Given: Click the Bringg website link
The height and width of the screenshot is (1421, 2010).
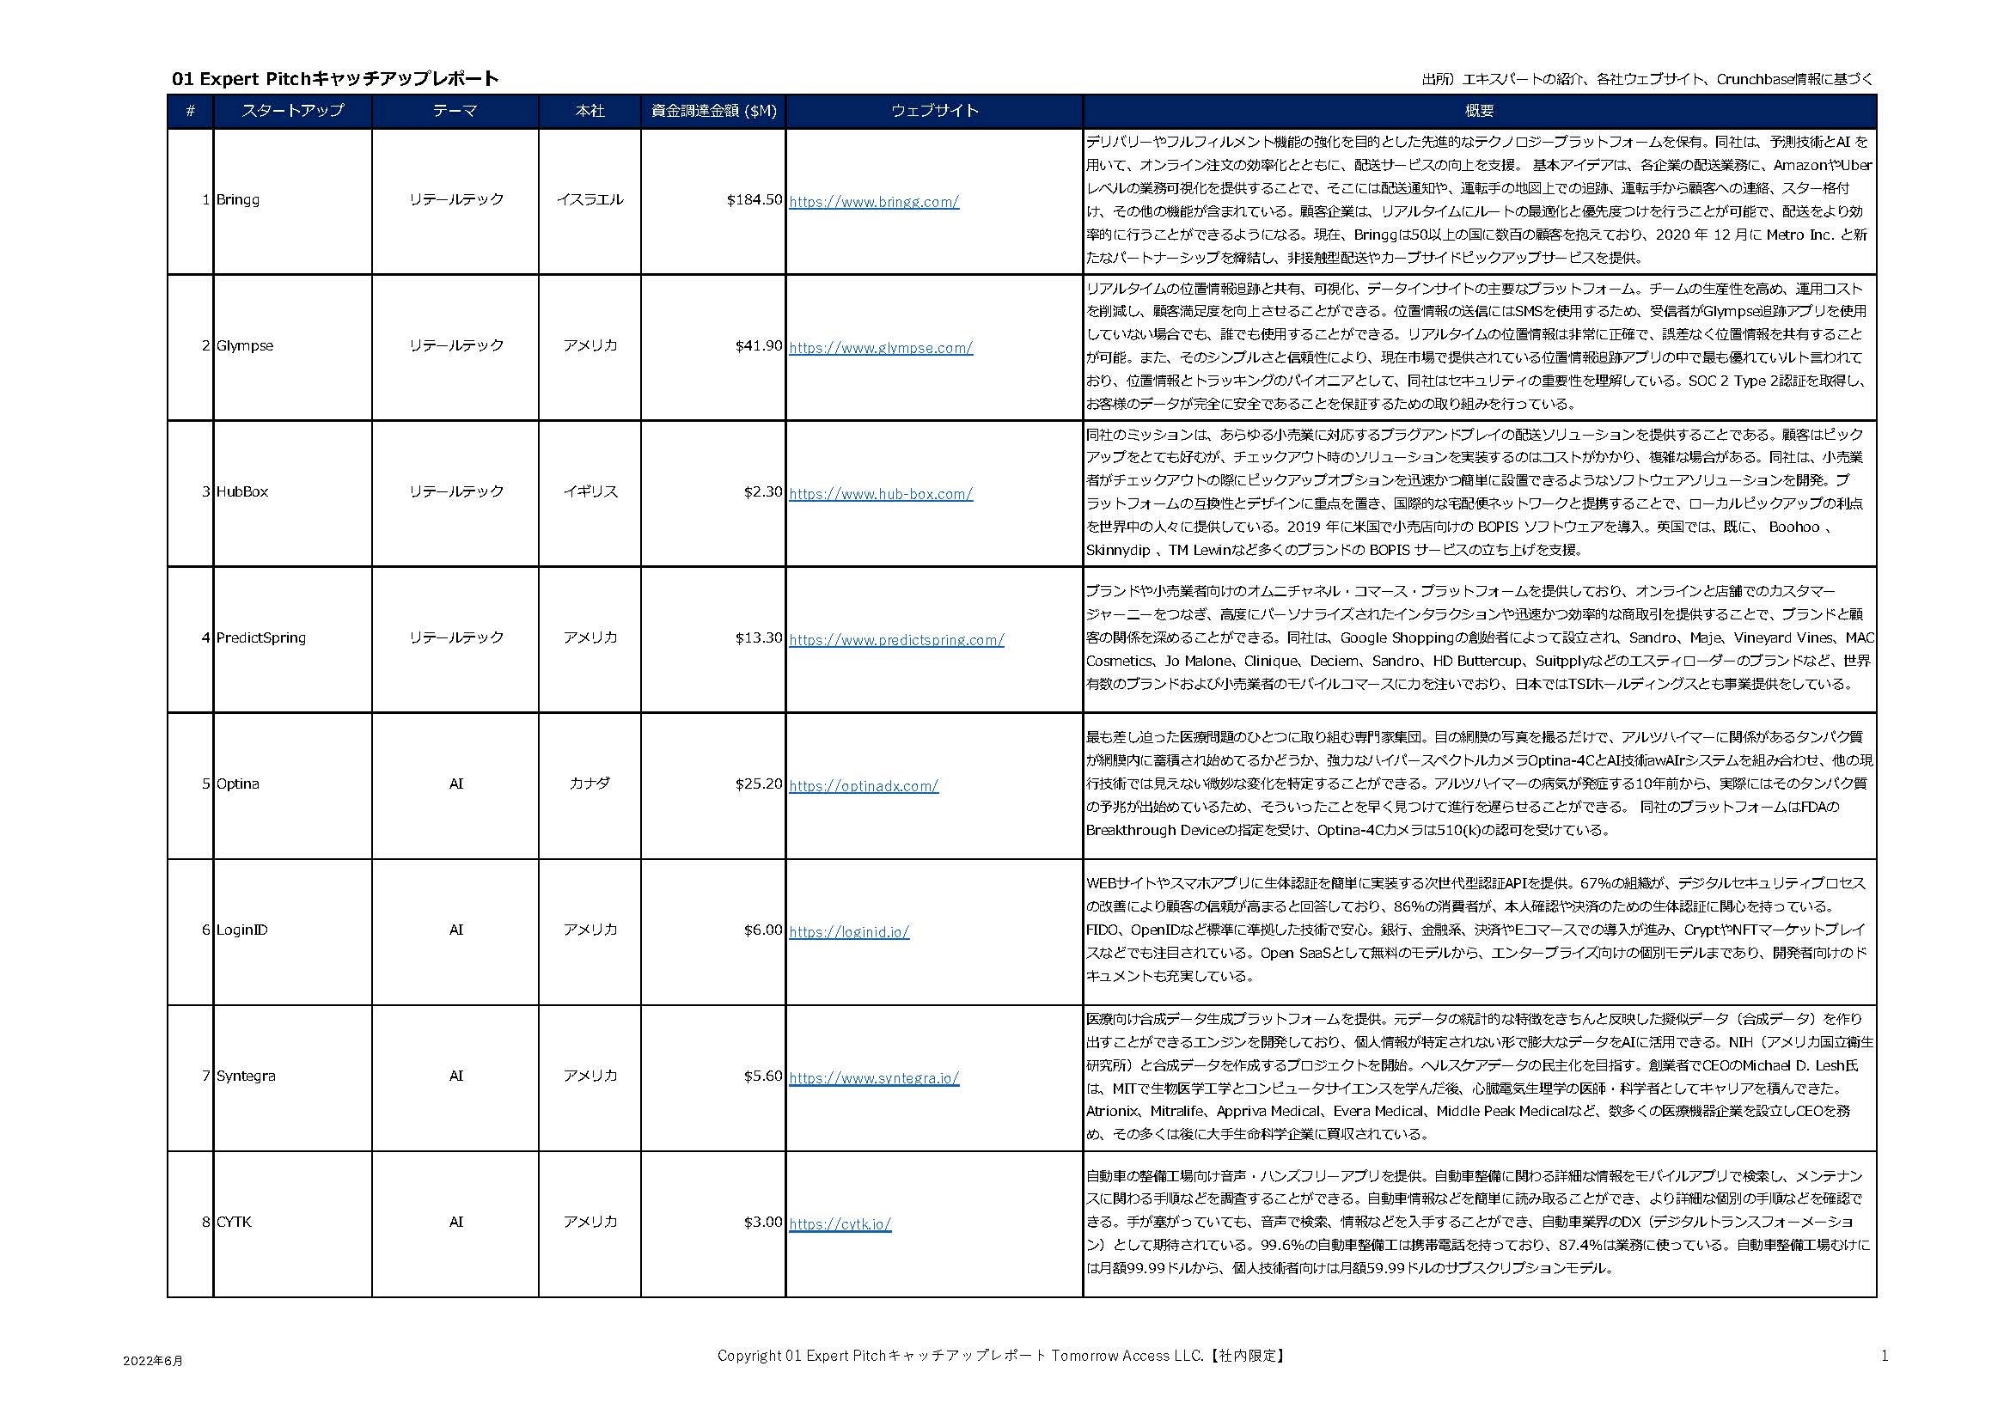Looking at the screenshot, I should (x=874, y=202).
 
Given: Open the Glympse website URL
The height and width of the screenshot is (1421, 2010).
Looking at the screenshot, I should (x=881, y=348).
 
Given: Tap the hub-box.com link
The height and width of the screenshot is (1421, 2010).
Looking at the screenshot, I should (x=881, y=494).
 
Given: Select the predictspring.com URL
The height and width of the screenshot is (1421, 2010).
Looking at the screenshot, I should (x=896, y=641).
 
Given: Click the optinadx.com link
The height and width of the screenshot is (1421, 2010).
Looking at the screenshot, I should (x=863, y=787).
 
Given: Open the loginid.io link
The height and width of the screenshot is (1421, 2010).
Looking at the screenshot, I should (x=849, y=933).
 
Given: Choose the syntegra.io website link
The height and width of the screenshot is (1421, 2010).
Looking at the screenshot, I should (x=874, y=1079).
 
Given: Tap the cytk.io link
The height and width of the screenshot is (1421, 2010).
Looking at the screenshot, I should (x=840, y=1225).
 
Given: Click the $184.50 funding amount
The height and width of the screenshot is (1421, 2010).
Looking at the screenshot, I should (x=754, y=200).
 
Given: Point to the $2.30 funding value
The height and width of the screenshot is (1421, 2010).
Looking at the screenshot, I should (x=762, y=492).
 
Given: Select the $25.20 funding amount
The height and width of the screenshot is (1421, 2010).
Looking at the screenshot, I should (x=758, y=784).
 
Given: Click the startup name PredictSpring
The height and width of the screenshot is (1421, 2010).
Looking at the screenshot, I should (x=261, y=637).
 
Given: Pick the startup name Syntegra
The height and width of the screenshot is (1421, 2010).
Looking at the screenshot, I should (x=245, y=1076).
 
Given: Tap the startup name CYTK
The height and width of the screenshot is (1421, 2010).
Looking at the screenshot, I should (x=234, y=1223).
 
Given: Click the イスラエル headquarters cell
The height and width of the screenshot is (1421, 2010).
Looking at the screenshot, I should (x=590, y=200).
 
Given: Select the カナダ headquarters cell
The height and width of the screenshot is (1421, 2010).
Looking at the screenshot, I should (x=590, y=784).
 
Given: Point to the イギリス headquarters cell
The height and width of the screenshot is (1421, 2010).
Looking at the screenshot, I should (x=590, y=492).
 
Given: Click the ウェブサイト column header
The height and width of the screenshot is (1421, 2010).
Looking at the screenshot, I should (x=934, y=111).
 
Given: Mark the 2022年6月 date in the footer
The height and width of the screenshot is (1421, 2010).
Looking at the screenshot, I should (x=153, y=1362).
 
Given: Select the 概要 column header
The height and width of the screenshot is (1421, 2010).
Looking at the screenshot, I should (x=1480, y=111).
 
